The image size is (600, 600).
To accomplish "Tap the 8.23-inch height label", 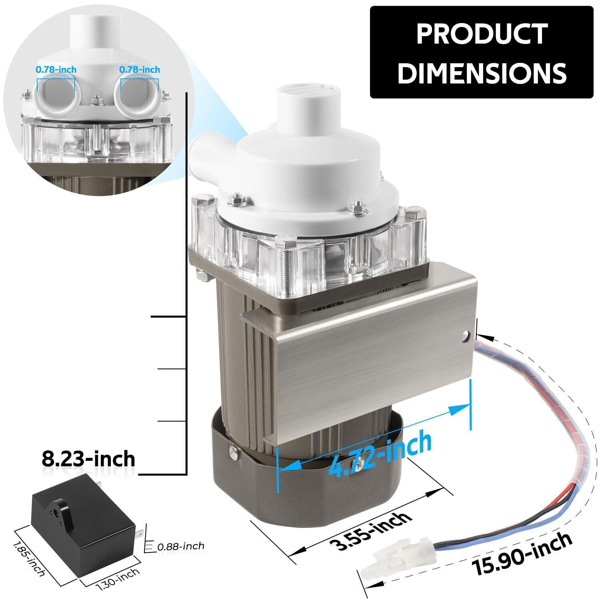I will pos(88,459).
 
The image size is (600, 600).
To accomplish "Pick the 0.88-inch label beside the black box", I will pos(180,546).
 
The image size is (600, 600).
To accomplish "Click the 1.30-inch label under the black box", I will pos(118,578).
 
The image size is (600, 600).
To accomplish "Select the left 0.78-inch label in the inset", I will pos(56,70).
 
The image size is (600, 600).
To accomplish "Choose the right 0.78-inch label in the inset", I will pos(140,70).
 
